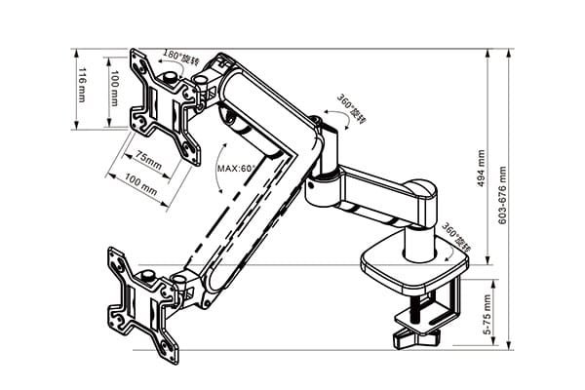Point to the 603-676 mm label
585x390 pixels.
(503, 194)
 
